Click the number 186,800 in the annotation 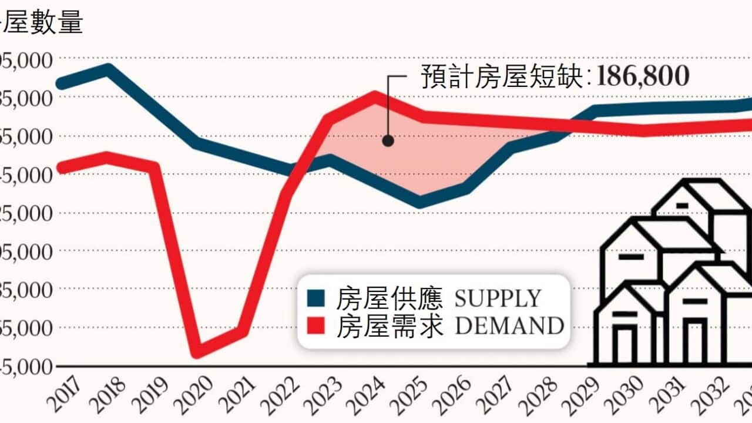coord(643,76)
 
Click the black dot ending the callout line coord(388,140)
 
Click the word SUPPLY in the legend coord(498,298)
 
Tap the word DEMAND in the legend coord(509,325)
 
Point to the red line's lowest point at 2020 coord(198,351)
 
